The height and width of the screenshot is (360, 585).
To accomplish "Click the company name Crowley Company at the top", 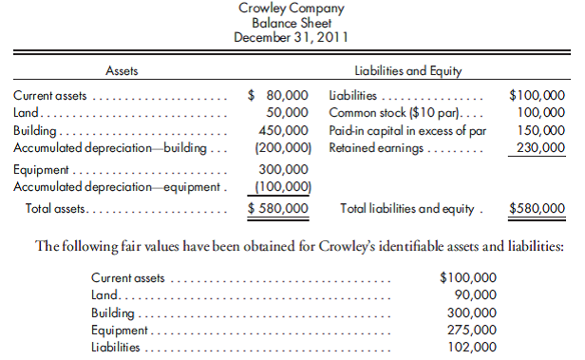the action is click(x=292, y=9).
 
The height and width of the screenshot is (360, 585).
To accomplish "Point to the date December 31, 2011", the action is click(x=292, y=37).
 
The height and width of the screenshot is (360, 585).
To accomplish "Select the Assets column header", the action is click(x=121, y=71).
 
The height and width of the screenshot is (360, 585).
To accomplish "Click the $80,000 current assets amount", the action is click(x=278, y=95).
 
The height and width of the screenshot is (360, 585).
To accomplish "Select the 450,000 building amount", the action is click(x=284, y=129).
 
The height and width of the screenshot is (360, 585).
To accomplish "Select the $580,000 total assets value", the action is click(x=278, y=208).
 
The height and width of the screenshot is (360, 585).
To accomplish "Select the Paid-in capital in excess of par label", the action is click(x=406, y=129).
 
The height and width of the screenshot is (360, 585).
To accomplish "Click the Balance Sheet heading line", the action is click(x=292, y=23).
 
